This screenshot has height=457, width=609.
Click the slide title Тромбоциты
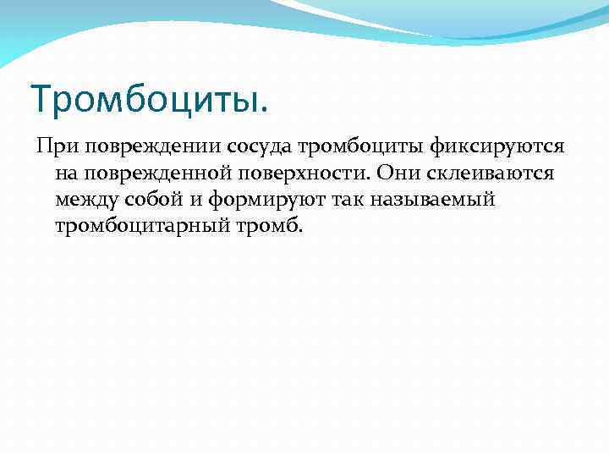[149, 98]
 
